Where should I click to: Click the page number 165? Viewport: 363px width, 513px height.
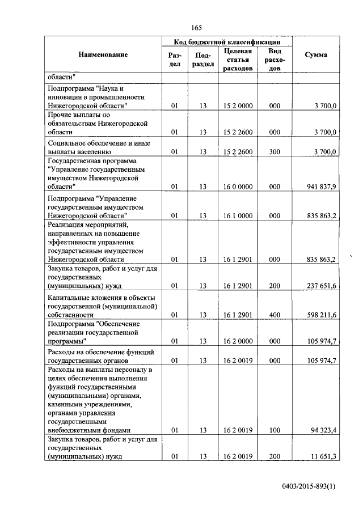[x=197, y=28]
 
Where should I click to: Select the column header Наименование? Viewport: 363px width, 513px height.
[x=103, y=54]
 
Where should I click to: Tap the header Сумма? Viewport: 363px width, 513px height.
[x=315, y=55]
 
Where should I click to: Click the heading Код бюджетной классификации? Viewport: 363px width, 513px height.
[x=226, y=41]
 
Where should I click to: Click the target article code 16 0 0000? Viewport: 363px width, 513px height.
[x=238, y=186]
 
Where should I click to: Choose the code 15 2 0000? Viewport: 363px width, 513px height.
[x=238, y=105]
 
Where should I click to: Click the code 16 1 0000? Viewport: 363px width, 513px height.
[x=238, y=215]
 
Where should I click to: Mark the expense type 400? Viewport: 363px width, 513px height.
[x=275, y=314]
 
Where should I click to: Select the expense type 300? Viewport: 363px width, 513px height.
[x=275, y=152]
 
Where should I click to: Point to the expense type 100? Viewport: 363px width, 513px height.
[x=275, y=430]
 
